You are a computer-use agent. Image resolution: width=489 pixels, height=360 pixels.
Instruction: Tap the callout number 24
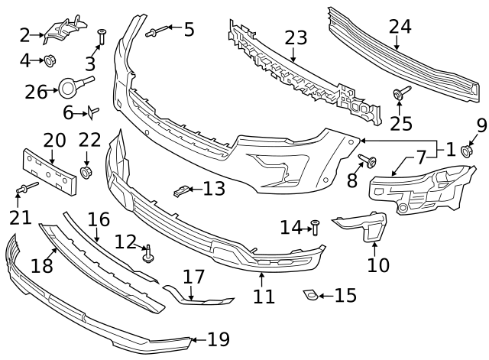coord(400,27)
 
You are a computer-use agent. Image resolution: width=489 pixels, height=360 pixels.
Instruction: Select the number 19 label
coord(218,339)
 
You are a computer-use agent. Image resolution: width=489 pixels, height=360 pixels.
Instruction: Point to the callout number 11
coord(264,296)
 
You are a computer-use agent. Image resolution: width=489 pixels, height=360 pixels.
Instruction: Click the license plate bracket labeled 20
coord(48,167)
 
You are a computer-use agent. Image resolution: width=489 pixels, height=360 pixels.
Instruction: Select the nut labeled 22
coord(86,170)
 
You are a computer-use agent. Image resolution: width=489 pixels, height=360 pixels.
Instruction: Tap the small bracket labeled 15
coord(311,294)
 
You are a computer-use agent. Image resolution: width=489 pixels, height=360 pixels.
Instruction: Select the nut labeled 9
coord(465,151)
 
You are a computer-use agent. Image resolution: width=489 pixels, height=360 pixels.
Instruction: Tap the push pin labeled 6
coord(92,113)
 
